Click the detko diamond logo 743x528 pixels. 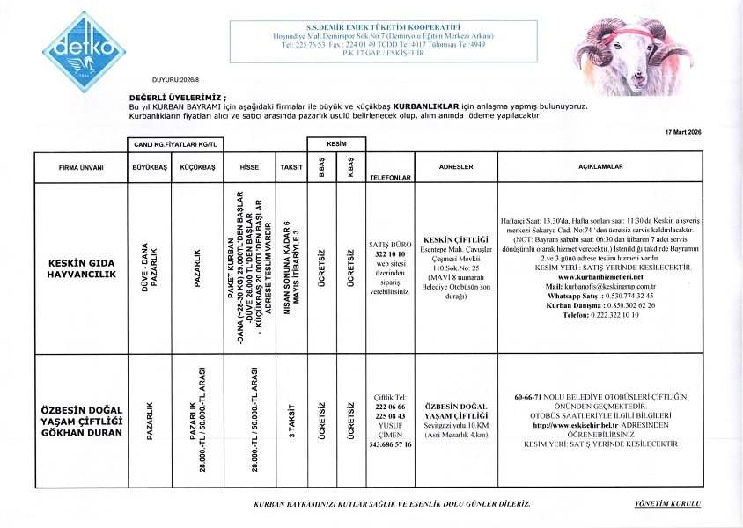pos(77,45)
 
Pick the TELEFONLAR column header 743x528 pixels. pos(391,177)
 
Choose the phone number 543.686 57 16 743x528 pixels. pos(391,445)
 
